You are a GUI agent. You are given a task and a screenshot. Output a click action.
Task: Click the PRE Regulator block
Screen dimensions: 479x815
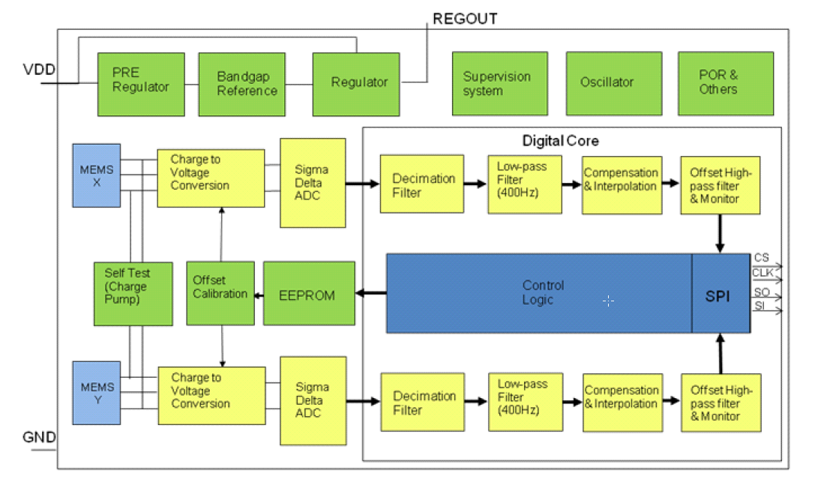(141, 83)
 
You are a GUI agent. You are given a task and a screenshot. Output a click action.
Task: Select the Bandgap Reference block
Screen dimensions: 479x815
(242, 83)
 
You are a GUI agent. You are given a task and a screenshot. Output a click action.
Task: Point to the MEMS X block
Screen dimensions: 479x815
(97, 175)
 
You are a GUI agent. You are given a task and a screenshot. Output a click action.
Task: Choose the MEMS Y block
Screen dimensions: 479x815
(97, 394)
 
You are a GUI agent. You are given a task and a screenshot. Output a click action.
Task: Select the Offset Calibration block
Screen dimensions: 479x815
(220, 293)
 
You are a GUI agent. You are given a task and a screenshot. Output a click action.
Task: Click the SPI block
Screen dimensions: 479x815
(721, 293)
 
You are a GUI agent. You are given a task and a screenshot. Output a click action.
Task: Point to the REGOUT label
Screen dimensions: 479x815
(465, 19)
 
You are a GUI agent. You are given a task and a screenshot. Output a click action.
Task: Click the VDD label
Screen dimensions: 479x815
(39, 70)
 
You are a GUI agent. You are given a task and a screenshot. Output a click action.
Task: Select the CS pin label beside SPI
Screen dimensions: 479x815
(762, 258)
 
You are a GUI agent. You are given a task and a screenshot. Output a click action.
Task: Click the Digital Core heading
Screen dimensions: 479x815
(560, 140)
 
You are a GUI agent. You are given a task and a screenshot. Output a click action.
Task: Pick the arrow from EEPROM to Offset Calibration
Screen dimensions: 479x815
(259, 295)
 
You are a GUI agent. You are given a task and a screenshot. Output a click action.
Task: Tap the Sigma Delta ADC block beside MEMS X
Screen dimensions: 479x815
(313, 182)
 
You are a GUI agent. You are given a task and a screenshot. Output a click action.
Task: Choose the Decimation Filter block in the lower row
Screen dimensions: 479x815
(424, 403)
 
